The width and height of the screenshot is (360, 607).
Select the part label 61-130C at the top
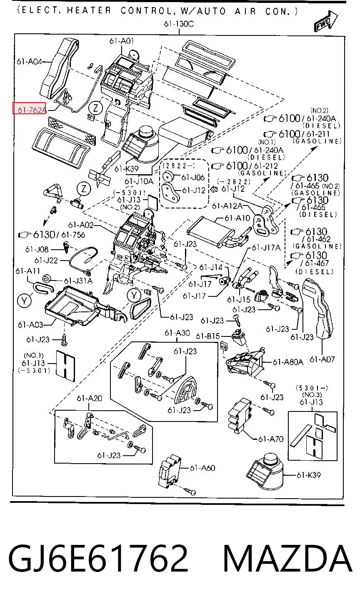point(179,24)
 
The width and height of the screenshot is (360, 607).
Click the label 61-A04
point(29,62)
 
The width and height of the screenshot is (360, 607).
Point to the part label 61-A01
point(122,41)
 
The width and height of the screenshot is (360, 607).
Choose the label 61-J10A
point(139,181)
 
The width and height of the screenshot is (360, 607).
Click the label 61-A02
point(81,225)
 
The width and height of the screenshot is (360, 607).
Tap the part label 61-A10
point(237,218)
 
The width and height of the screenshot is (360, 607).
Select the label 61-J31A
point(78,281)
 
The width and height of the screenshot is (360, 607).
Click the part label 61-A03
point(30,324)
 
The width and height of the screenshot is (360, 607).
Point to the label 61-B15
point(208,336)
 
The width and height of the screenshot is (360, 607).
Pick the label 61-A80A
point(288,362)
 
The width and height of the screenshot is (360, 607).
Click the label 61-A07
point(322,359)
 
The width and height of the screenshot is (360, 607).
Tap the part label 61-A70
point(271,439)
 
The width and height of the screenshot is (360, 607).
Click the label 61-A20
point(90,398)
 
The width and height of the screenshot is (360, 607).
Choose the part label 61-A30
point(177,333)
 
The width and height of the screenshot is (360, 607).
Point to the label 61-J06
point(193,177)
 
